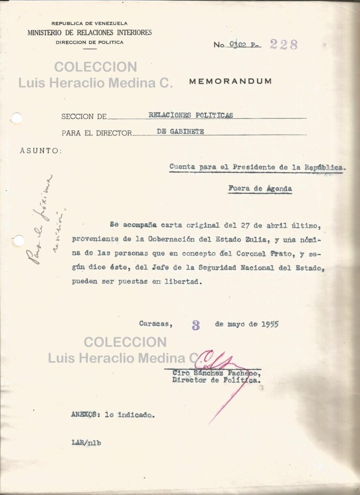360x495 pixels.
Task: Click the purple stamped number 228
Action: pos(284,44)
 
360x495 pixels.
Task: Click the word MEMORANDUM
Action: pos(230,81)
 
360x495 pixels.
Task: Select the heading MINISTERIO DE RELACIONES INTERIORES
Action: pos(89,33)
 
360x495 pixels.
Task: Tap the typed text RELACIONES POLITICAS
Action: pos(190,115)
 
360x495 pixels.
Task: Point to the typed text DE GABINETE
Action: pos(180,131)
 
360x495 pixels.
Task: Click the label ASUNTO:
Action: pos(41,151)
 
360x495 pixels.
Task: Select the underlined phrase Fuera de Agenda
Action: pos(260,189)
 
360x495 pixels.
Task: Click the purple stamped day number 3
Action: pos(196,325)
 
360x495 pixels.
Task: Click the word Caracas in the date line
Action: pos(155,324)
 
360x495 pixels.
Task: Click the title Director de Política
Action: pos(217,380)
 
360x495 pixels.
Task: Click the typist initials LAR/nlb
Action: pos(86,442)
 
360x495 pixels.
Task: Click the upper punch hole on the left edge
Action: pos(16,118)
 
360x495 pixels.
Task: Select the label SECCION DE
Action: pos(84,116)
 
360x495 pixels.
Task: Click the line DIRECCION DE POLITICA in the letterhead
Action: pos(89,43)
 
